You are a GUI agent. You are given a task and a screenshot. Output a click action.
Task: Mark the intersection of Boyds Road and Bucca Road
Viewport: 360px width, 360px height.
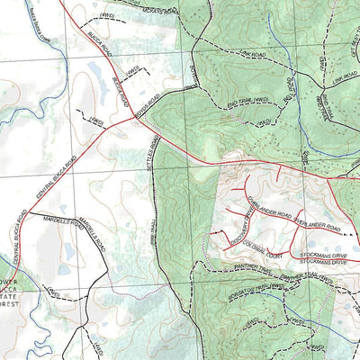135,113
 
